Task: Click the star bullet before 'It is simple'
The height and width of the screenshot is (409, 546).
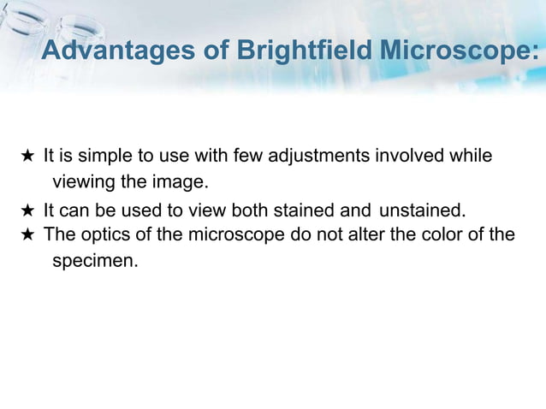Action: point(27,157)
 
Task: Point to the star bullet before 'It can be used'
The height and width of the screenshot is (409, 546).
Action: point(27,211)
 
